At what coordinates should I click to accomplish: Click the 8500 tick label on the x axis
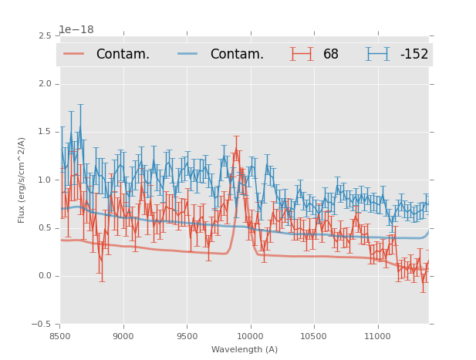(x=60, y=336)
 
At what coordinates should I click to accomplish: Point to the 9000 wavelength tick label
(x=123, y=336)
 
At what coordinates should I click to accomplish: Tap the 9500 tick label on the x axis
(x=187, y=336)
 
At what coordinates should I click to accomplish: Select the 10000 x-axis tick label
(x=250, y=336)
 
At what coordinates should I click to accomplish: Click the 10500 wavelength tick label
(x=313, y=336)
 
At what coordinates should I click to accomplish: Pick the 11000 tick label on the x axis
(x=377, y=336)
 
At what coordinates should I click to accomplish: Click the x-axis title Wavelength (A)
(x=245, y=349)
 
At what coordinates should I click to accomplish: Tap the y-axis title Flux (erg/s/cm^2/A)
(x=22, y=180)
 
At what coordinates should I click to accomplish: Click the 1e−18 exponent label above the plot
(x=76, y=30)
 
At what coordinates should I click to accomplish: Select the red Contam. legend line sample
(x=74, y=54)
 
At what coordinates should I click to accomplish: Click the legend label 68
(x=331, y=54)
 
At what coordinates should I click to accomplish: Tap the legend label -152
(x=414, y=54)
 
